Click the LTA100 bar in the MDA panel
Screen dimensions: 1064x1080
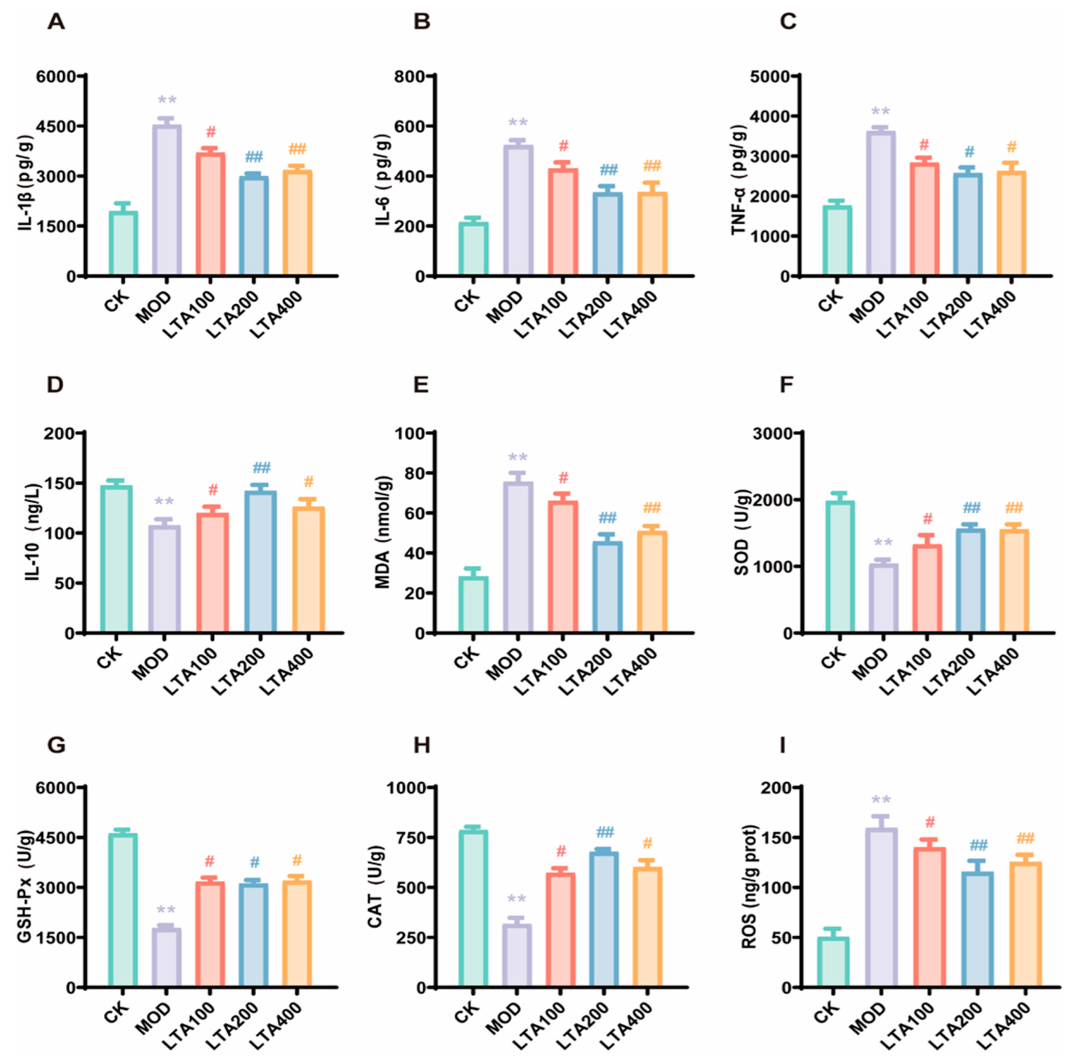point(563,567)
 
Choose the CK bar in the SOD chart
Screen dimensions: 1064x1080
point(839,567)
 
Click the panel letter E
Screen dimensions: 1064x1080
point(421,385)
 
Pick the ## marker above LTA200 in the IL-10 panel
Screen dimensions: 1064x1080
point(261,468)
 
